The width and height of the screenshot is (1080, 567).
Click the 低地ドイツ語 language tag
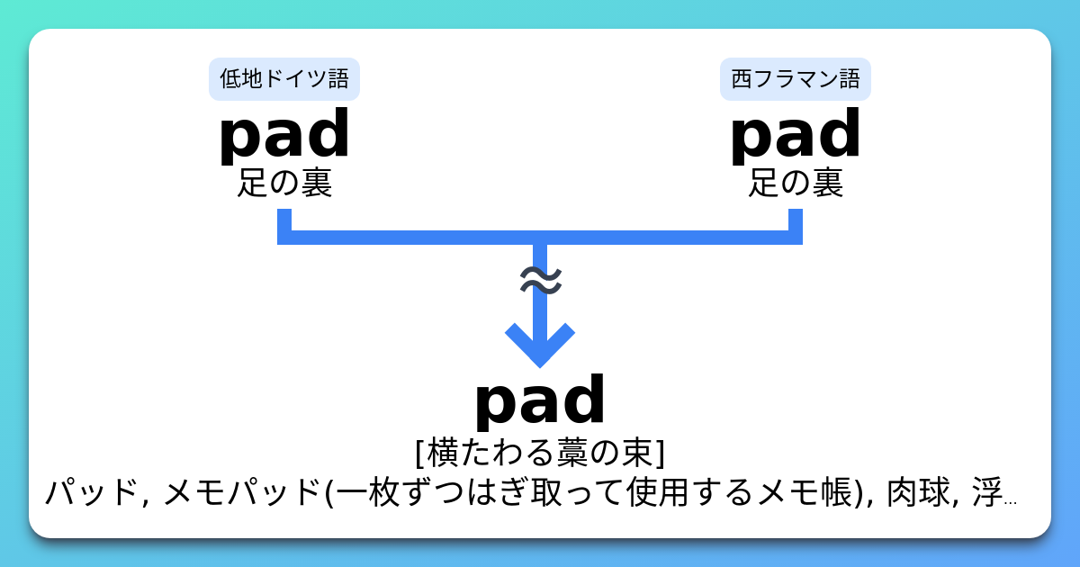(283, 79)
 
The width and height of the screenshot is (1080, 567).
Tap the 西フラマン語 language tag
(796, 79)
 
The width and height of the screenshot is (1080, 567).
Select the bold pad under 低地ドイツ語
(283, 135)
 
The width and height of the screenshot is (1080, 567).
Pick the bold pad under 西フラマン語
(796, 135)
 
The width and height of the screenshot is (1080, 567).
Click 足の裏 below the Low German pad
(283, 184)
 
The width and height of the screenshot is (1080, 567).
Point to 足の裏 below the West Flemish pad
(796, 184)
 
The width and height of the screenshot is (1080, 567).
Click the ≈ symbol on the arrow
(540, 281)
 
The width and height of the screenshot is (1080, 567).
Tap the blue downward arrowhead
(540, 346)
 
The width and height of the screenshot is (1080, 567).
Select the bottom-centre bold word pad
(540, 401)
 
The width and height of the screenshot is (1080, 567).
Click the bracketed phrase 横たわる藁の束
(540, 452)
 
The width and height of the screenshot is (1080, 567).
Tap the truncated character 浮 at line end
(985, 492)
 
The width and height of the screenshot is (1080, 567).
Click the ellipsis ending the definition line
(1009, 499)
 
